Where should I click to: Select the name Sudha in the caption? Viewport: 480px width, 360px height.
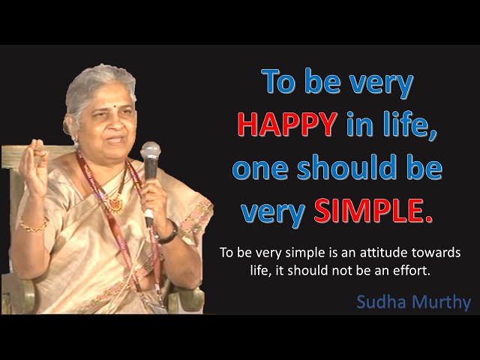(x=381, y=302)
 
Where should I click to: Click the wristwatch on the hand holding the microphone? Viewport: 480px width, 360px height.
(x=168, y=235)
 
